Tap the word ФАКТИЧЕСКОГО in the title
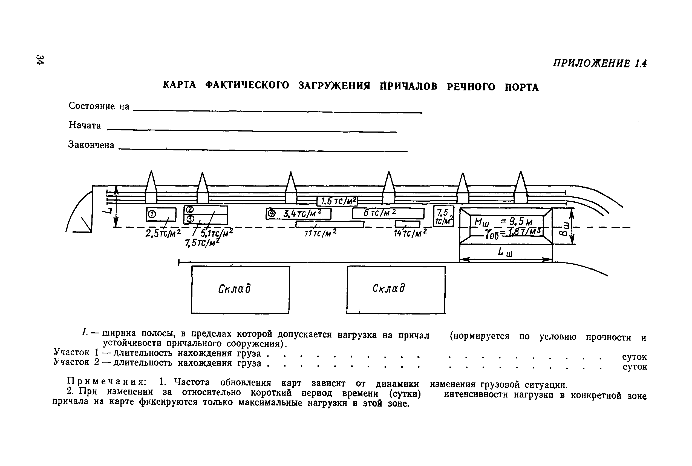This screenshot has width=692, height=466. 247,85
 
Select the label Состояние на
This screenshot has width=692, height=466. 99,106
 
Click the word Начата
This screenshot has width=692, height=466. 85,125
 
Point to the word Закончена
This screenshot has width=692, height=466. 91,145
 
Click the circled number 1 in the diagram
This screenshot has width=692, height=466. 152,214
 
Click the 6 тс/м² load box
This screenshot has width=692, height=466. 380,213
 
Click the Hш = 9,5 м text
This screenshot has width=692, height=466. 503,221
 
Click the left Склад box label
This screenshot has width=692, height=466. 235,288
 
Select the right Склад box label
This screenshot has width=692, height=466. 389,288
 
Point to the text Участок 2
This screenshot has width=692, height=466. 76,362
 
